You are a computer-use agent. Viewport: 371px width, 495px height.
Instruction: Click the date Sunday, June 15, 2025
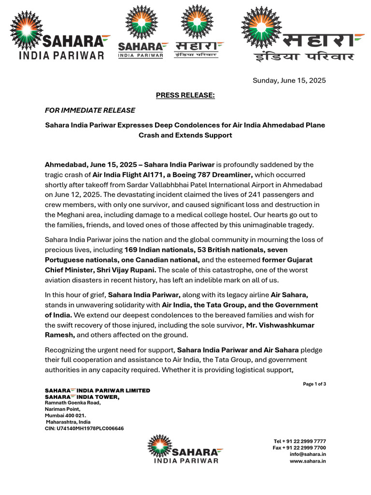coord(289,80)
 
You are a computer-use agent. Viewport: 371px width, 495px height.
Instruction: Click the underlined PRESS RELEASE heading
coord(185,95)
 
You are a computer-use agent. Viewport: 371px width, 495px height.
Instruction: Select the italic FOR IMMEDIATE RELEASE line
coord(90,110)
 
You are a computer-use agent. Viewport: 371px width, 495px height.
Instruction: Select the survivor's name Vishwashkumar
coord(280,325)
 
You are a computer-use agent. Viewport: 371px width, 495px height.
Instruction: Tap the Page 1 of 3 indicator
coord(314,384)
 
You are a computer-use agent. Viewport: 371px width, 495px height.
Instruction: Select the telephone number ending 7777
coord(300,441)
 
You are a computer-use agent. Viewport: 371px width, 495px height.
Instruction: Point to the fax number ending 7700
coord(299,448)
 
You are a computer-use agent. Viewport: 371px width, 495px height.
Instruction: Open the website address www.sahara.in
coord(308,461)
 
